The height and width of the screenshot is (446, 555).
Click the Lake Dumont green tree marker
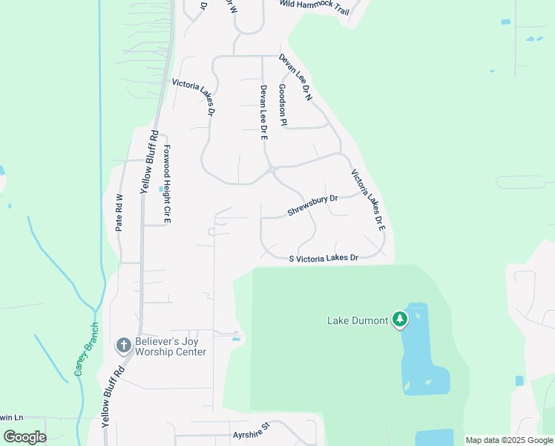[x=400, y=320]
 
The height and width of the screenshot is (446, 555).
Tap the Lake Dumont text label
[x=358, y=321]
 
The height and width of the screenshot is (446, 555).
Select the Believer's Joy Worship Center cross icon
[x=123, y=346]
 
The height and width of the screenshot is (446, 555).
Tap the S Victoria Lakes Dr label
[x=324, y=258]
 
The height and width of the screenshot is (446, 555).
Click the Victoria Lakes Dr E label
[x=368, y=200]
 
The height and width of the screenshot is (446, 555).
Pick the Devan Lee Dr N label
[x=296, y=77]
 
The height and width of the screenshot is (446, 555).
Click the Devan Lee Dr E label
[x=263, y=112]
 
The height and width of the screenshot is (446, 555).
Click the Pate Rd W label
[x=119, y=213]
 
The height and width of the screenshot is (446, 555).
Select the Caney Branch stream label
[x=86, y=349]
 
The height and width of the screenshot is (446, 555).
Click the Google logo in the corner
[x=24, y=437]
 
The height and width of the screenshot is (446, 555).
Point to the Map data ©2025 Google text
[x=508, y=440]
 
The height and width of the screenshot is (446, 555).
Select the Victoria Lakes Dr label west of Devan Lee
[x=193, y=97]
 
